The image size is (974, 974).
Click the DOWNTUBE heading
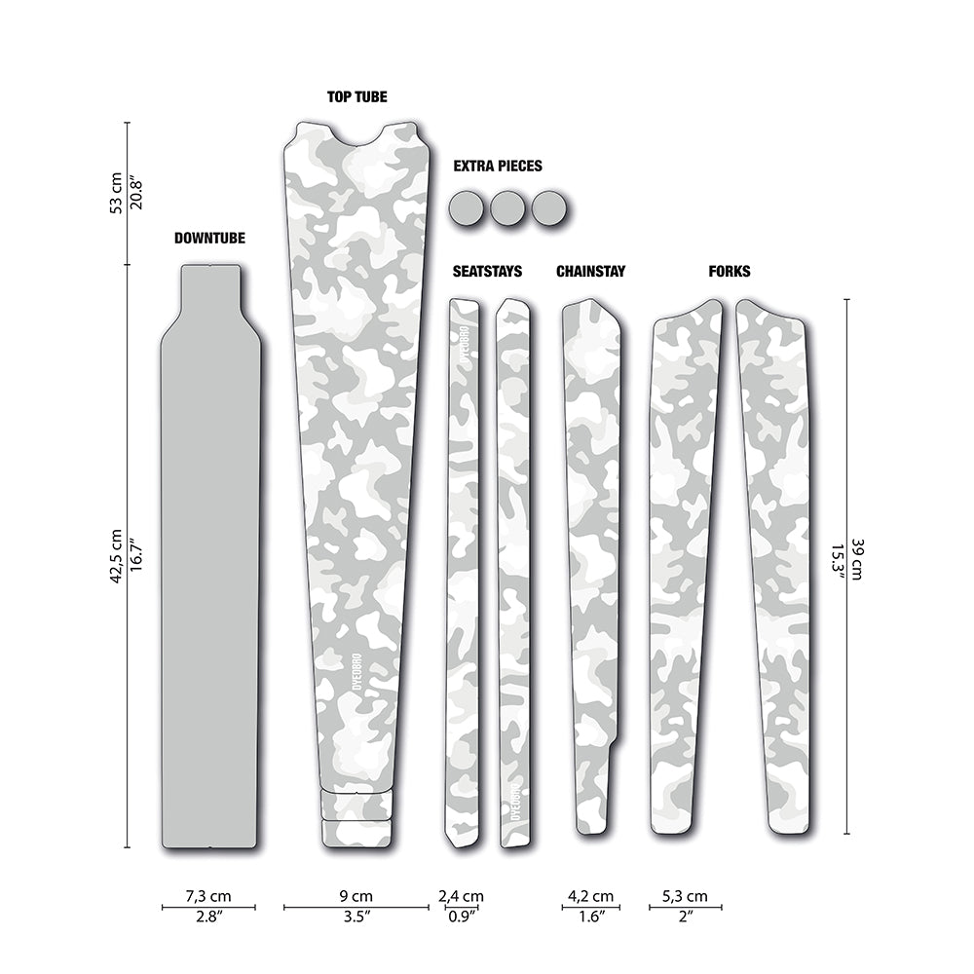click(209, 239)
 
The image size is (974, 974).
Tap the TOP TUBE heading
click(357, 96)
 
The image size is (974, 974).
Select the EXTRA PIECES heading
click(498, 166)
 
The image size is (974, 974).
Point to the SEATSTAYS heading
click(487, 272)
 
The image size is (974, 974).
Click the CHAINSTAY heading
click(591, 272)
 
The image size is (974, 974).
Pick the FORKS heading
click(730, 272)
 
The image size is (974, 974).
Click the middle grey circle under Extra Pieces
click(507, 208)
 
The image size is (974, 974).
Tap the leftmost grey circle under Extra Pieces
click(466, 208)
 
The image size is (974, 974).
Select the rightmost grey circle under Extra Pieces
click(549, 208)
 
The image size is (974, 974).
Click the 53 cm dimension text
click(116, 194)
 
